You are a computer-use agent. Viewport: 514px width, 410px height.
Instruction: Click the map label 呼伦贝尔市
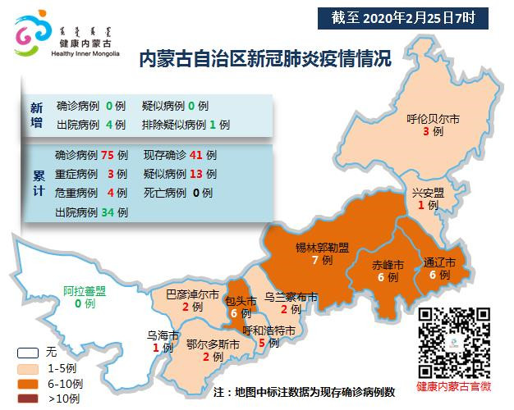pos(434,119)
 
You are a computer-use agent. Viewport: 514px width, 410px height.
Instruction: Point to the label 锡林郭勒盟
pos(322,247)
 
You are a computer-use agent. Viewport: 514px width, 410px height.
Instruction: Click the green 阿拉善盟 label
pos(85,290)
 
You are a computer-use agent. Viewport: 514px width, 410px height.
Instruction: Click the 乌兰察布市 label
pos(291,298)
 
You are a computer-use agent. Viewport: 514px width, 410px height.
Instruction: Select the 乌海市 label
pos(163,335)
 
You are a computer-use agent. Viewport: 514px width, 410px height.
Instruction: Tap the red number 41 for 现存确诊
pos(196,154)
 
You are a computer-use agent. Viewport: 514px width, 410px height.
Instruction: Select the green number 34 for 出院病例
pos(107,212)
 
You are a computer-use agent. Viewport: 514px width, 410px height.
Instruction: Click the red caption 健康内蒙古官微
pos(453,385)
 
